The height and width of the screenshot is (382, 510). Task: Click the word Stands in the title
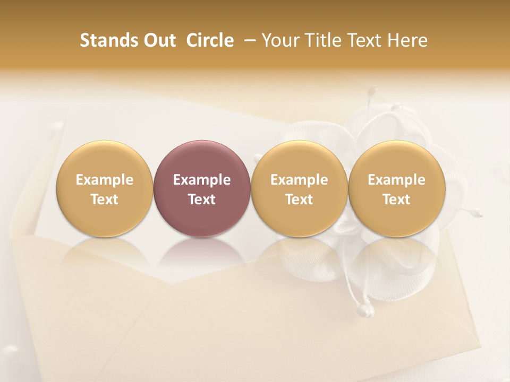tap(108, 40)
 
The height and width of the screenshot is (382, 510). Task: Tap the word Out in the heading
tap(158, 40)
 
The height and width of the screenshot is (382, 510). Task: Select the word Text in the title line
tap(364, 40)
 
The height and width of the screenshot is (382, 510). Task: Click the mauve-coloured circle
tap(201, 188)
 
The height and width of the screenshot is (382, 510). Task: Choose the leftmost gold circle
tap(104, 188)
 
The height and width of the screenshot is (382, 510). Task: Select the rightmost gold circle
tap(396, 188)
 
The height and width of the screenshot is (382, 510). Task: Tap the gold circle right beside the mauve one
tap(299, 188)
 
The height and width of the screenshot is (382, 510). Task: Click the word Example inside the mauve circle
tap(202, 180)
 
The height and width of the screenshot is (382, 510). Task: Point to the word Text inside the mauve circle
tap(202, 199)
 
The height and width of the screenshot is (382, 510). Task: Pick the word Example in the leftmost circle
tap(104, 180)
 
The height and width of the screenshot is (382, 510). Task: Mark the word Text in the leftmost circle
tap(104, 199)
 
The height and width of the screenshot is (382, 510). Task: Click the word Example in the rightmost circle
tap(396, 180)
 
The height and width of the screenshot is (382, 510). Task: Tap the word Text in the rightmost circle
tap(396, 199)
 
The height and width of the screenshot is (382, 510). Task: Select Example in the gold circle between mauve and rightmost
tap(299, 180)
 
